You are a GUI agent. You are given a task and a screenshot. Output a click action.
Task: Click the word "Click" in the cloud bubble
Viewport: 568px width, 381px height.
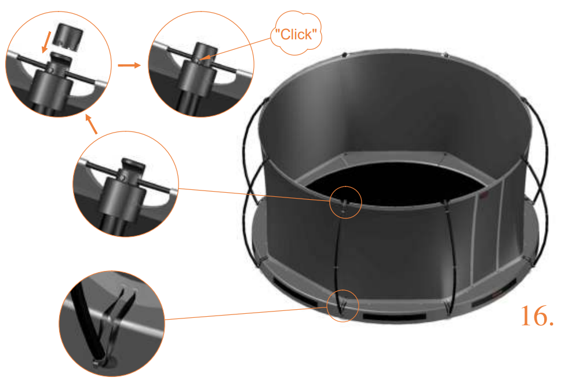tap(295, 35)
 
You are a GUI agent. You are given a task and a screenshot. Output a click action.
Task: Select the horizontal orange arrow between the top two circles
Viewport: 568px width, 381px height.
tap(129, 65)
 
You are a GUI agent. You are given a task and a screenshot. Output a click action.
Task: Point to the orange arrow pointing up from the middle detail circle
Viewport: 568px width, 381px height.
tap(92, 124)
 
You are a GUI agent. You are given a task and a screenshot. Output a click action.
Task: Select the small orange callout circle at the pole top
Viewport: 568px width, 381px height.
tap(346, 202)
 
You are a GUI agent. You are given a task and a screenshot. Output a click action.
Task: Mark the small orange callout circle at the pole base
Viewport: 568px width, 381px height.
tap(343, 305)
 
